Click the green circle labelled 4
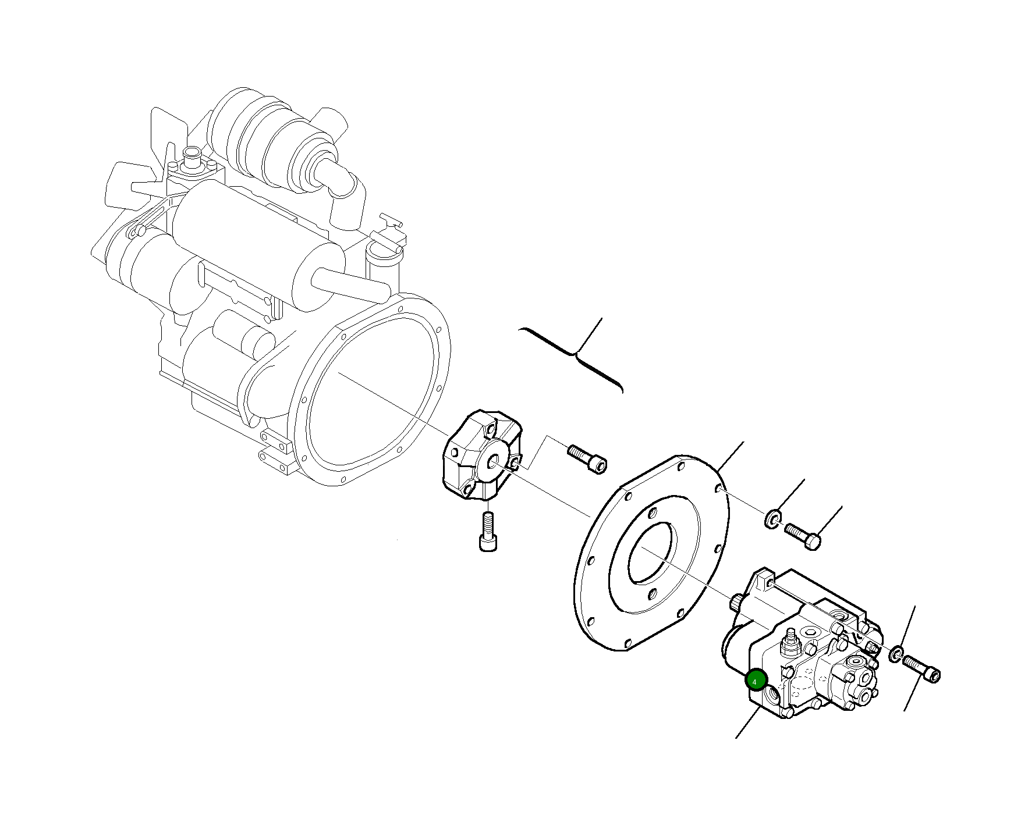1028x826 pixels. pos(756,680)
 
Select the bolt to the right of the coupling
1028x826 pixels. pos(587,458)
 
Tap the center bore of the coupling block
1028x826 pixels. pos(493,462)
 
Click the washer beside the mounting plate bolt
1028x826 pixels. pos(772,519)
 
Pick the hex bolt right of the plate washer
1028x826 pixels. pos(803,536)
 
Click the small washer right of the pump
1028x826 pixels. pos(896,654)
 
